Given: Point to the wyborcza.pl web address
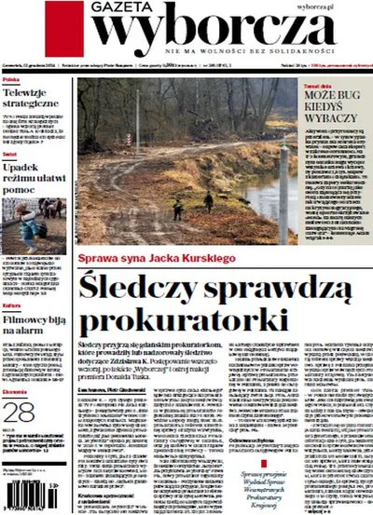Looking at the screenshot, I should click(343, 6).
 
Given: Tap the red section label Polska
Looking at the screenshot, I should click(10, 82).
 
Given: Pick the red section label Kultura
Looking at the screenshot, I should click(11, 306).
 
